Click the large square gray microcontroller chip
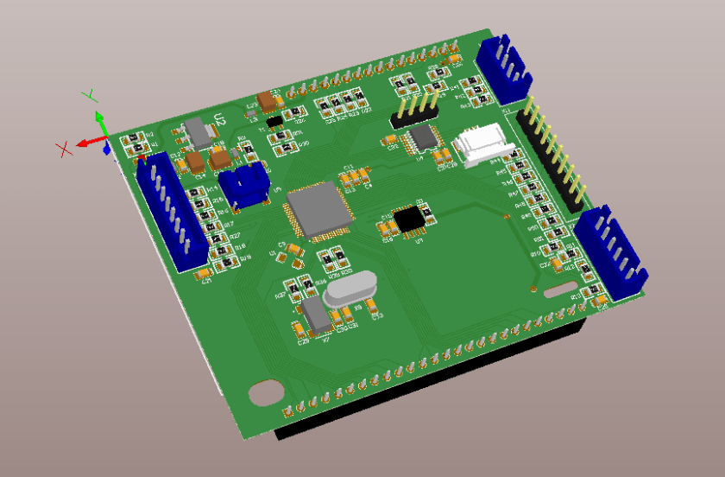[x=318, y=210]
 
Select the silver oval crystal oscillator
[x=350, y=289]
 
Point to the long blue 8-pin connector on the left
[x=169, y=210]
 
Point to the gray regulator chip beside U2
[x=199, y=132]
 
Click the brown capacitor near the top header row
[x=268, y=103]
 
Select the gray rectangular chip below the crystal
[x=314, y=316]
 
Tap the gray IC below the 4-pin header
[x=423, y=137]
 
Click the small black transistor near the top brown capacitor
[x=275, y=121]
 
